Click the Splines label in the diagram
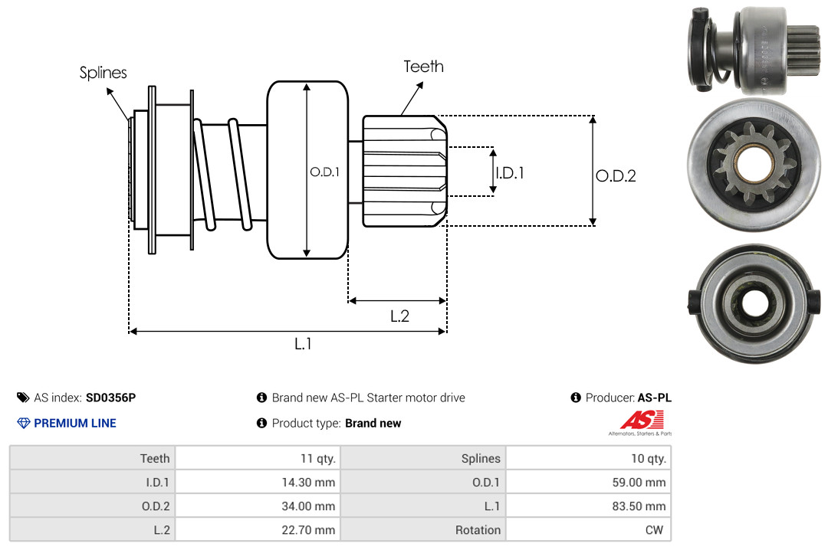[x=103, y=73]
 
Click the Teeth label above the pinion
[x=423, y=67]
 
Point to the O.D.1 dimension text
[x=324, y=172]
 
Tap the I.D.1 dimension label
[x=509, y=173]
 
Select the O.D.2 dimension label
[x=616, y=176]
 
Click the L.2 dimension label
[x=399, y=316]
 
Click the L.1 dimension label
[x=303, y=344]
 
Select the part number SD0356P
[x=110, y=398]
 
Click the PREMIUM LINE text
[x=75, y=423]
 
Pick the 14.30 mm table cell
[x=310, y=483]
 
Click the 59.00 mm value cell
[x=641, y=483]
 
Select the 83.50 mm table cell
[x=641, y=506]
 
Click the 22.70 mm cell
[x=310, y=530]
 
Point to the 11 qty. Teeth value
[x=317, y=459]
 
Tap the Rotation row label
[x=478, y=530]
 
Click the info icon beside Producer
[x=576, y=398]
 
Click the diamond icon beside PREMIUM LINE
[x=23, y=423]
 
